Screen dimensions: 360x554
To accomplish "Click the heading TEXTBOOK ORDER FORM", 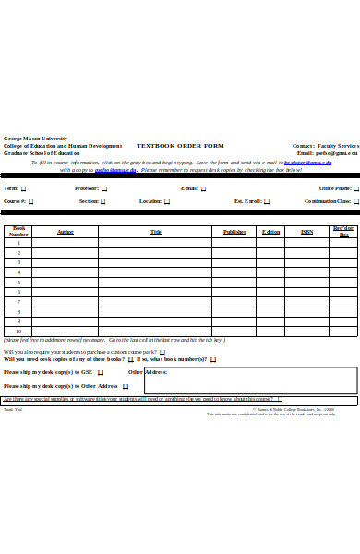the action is tap(180, 146).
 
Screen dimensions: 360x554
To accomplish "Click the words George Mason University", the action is tap(35, 138).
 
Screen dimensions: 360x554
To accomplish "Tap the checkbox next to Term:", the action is tap(24, 188).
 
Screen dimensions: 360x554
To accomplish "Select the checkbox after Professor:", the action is tap(103, 188).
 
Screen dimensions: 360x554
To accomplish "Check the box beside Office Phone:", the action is tap(355, 188).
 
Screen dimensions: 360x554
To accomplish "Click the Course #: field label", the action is tap(14, 200).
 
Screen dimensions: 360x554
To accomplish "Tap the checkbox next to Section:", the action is tap(103, 200).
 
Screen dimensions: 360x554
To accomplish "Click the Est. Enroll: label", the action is tap(249, 200).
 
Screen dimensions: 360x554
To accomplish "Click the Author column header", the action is tap(66, 232).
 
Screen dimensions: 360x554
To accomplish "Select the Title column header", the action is tap(155, 232).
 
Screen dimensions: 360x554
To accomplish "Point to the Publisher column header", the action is tap(234, 232).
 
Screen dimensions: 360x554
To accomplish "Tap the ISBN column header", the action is tap(306, 232).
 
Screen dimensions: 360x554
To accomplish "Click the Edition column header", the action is tap(270, 232).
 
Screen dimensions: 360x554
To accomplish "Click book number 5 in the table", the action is tap(18, 282).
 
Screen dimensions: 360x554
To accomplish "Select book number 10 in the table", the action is tap(18, 331).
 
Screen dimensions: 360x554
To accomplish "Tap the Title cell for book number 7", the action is tap(155, 302).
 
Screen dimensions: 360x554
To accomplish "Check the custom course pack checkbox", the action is tap(162, 352).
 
